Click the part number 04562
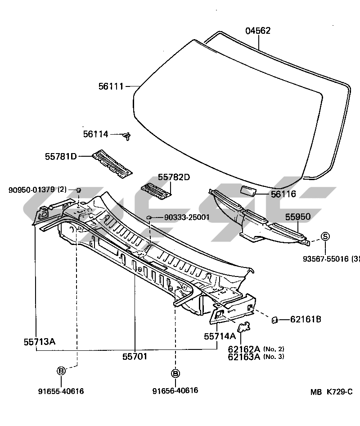click(x=258, y=31)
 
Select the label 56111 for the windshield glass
click(x=111, y=86)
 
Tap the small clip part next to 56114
click(x=127, y=135)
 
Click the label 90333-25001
click(x=187, y=218)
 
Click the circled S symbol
click(x=325, y=237)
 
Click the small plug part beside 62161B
click(x=273, y=320)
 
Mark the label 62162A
click(x=244, y=349)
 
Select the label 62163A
click(x=244, y=357)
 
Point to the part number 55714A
click(x=220, y=336)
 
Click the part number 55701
click(x=135, y=357)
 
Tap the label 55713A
click(x=40, y=341)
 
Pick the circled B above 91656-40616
click(x=175, y=373)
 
